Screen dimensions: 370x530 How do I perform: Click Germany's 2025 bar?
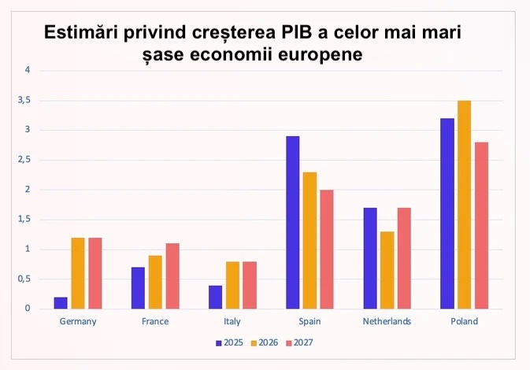pyautogui.click(x=61, y=303)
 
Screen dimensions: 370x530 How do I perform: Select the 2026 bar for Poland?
pyautogui.click(x=464, y=205)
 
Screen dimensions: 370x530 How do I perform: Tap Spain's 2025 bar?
pyautogui.click(x=292, y=222)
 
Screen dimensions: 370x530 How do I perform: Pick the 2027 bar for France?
pyautogui.click(x=172, y=276)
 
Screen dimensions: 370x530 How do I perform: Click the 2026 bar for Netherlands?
pyautogui.click(x=387, y=270)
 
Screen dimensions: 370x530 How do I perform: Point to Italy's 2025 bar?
pyautogui.click(x=215, y=297)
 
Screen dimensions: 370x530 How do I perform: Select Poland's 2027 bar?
pyautogui.click(x=481, y=225)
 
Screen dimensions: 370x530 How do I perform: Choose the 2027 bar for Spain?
pyautogui.click(x=327, y=249)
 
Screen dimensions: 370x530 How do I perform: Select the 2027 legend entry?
pyautogui.click(x=298, y=342)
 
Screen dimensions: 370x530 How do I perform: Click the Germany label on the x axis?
pyautogui.click(x=78, y=321)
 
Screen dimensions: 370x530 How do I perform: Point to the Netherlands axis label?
pyautogui.click(x=387, y=321)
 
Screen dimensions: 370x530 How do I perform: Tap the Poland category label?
pyautogui.click(x=464, y=321)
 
